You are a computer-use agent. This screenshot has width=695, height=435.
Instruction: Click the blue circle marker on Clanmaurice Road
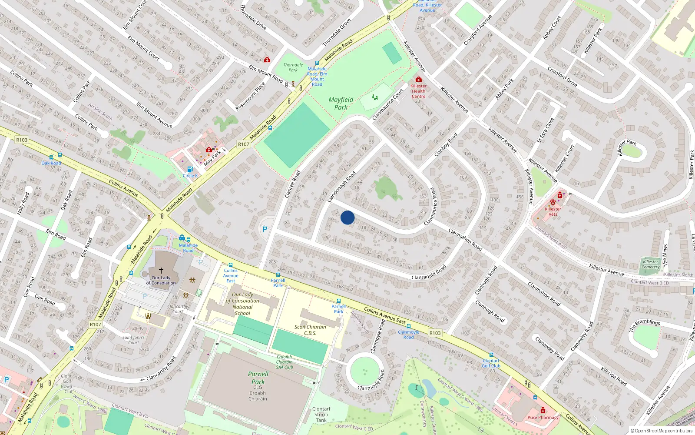(x=347, y=217)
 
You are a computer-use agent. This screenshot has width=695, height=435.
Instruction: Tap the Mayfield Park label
(x=341, y=104)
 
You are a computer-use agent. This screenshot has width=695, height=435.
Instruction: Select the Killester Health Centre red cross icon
(x=419, y=80)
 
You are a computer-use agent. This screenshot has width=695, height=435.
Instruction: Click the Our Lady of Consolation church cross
(x=161, y=271)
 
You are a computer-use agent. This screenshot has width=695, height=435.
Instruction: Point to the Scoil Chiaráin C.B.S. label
(x=310, y=330)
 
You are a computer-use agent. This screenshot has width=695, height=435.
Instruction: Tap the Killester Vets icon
(x=553, y=202)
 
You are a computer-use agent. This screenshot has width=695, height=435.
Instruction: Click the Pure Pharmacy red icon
(x=543, y=410)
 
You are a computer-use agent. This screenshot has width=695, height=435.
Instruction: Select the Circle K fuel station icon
(x=190, y=170)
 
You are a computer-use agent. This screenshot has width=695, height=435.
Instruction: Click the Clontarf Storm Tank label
(x=321, y=415)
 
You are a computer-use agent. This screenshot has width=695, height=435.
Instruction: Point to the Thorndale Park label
(x=293, y=67)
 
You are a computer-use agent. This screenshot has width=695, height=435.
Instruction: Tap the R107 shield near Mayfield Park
(x=244, y=144)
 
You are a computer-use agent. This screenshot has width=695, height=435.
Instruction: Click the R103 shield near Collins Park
(x=22, y=140)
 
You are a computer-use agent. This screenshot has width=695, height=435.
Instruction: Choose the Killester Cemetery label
(x=651, y=264)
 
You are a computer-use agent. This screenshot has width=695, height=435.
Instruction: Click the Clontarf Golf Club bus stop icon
(x=491, y=355)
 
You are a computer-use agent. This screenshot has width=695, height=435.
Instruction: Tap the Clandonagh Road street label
(x=341, y=186)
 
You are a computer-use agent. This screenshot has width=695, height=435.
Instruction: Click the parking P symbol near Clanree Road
(x=265, y=229)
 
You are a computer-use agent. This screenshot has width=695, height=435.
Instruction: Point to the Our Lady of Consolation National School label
(x=242, y=304)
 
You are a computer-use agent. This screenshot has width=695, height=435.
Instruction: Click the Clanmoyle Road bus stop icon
(x=409, y=326)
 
